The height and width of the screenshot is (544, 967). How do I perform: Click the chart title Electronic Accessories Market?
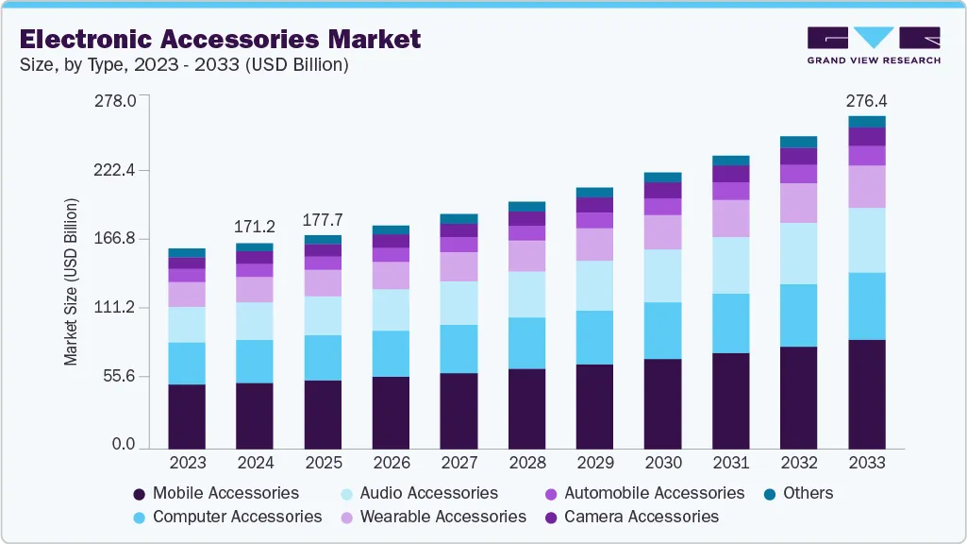[x=220, y=39]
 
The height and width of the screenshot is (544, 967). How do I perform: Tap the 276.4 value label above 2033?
[x=867, y=100]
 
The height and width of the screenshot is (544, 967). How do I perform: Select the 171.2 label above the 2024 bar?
[x=255, y=227]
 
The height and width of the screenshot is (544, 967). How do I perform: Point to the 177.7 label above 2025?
[x=323, y=219]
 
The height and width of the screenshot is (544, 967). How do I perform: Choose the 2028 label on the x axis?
[x=526, y=463]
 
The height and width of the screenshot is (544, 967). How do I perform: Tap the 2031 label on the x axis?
[x=730, y=463]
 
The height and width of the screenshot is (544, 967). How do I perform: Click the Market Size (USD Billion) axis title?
[x=71, y=282]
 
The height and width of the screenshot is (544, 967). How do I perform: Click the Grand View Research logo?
[x=873, y=45]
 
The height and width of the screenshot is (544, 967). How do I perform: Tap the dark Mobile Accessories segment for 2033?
[x=867, y=394]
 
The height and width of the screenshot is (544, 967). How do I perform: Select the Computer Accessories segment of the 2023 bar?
[x=187, y=364]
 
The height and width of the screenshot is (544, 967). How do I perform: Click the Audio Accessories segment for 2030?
[x=662, y=276]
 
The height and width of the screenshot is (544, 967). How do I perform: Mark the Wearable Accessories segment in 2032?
[x=798, y=203]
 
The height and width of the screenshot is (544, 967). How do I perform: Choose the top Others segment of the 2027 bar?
[x=458, y=219]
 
